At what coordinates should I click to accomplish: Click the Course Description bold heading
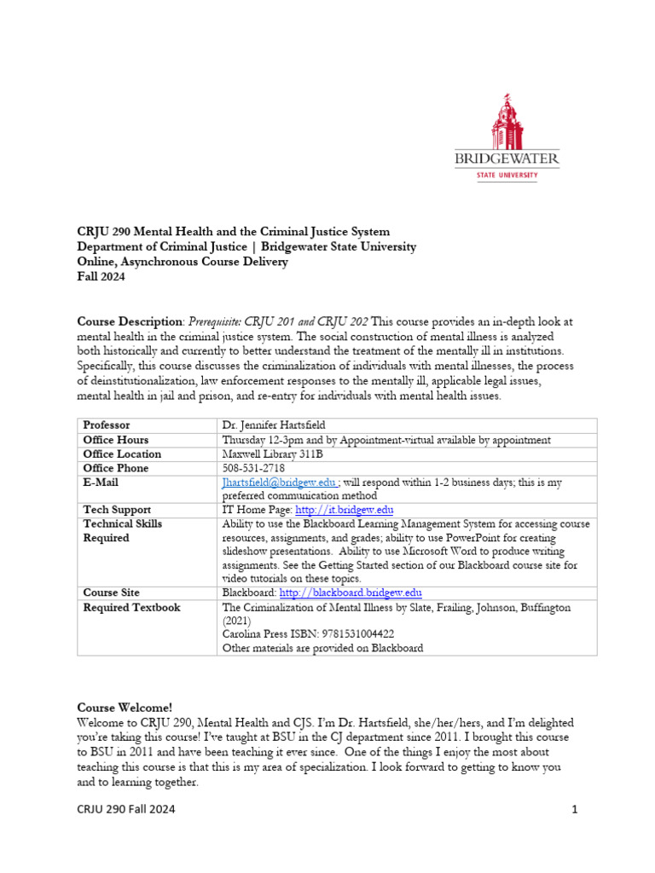point(129,321)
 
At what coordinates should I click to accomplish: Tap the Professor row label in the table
point(107,425)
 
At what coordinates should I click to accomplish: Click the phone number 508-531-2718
point(253,468)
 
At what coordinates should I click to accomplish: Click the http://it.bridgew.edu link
point(344,510)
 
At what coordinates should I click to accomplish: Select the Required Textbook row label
point(131,607)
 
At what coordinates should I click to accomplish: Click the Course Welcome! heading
point(125,708)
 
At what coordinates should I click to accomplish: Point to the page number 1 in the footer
point(575,810)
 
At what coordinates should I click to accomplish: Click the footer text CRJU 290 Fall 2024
point(126,810)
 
